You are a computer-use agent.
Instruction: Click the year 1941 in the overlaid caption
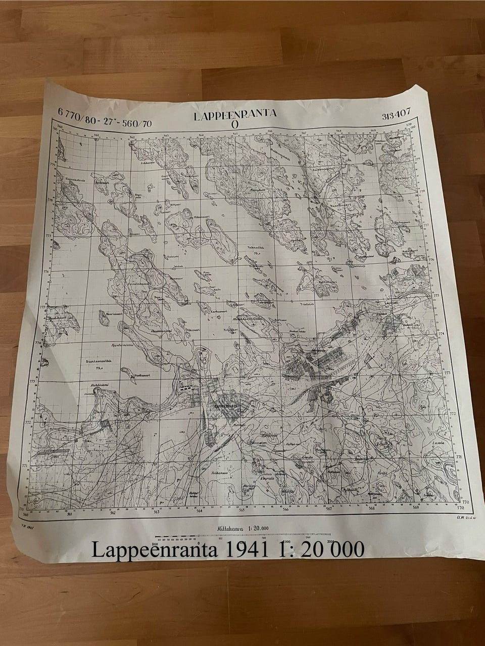coord(245,549)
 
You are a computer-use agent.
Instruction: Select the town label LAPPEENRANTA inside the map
coord(226,405)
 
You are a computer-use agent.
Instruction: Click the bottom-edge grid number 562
coord(113,514)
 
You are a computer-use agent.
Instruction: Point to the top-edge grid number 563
coord(165,135)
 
